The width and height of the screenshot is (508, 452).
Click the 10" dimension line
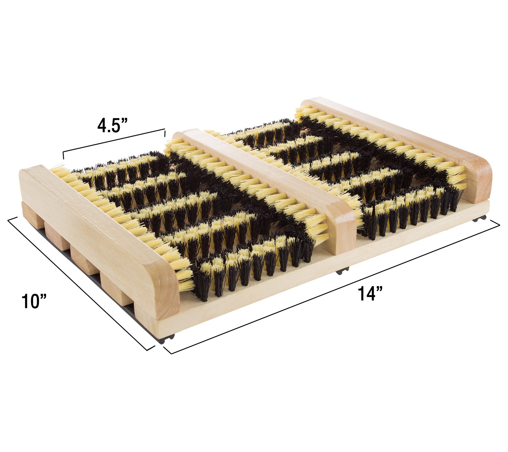[81, 283]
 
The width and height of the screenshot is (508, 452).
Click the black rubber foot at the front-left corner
[166, 339]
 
